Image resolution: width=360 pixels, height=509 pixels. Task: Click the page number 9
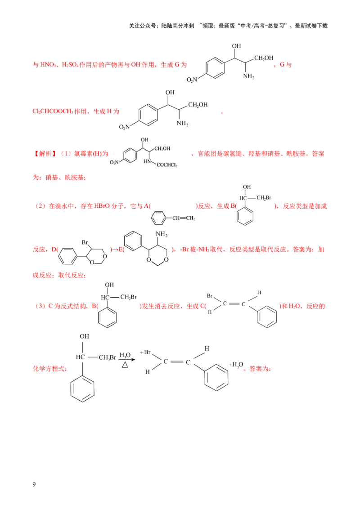pos(34,484)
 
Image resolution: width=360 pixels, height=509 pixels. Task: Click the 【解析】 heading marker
pos(45,153)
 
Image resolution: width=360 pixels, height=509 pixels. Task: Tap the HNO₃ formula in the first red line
pos(48,65)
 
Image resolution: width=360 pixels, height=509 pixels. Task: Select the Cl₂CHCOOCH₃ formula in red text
pos(53,112)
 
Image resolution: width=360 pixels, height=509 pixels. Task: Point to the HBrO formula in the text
pos(102,206)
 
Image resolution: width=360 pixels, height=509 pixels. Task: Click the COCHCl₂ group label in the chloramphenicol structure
pos(167,165)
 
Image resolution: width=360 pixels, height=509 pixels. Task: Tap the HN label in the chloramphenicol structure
pos(147,161)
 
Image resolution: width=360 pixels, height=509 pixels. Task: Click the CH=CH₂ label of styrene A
pos(184,218)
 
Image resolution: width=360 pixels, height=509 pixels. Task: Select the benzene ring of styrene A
pos(159,218)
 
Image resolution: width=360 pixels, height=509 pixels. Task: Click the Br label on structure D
pos(85,242)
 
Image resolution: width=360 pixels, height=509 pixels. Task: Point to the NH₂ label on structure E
pos(162,234)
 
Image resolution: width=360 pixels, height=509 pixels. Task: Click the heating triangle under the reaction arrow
pos(125,365)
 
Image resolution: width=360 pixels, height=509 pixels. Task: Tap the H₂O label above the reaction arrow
pos(125,355)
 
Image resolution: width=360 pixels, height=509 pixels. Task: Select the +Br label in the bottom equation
pos(145,352)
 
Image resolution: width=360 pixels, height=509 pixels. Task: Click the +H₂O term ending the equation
pos(236,365)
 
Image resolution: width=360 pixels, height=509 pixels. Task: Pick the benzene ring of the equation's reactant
pos(82,388)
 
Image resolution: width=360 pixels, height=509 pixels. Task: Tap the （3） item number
pos(40,306)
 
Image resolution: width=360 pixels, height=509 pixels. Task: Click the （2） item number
pos(40,206)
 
